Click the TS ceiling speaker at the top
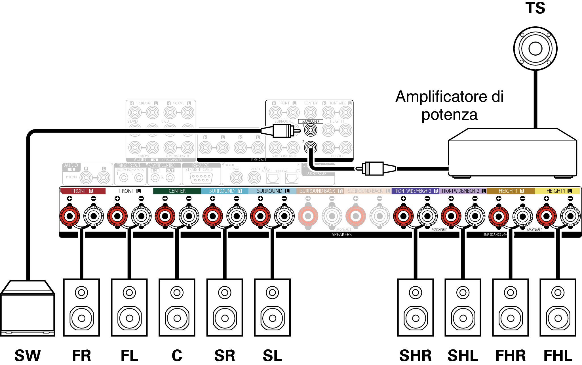click(535, 48)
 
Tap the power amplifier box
click(512, 155)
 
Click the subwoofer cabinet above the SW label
click(28, 309)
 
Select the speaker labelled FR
click(81, 307)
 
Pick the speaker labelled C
click(177, 307)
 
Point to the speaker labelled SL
click(272, 307)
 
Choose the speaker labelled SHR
click(416, 307)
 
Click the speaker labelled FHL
click(558, 307)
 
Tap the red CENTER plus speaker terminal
click(165, 216)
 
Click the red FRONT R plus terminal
click(69, 216)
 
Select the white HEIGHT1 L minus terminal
click(570, 216)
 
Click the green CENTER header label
click(177, 191)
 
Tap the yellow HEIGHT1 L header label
click(557, 191)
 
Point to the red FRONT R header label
click(83, 191)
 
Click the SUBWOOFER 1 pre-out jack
click(311, 130)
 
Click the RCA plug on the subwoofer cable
click(281, 131)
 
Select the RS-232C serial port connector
click(201, 178)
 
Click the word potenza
click(449, 115)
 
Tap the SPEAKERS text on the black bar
click(341, 234)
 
